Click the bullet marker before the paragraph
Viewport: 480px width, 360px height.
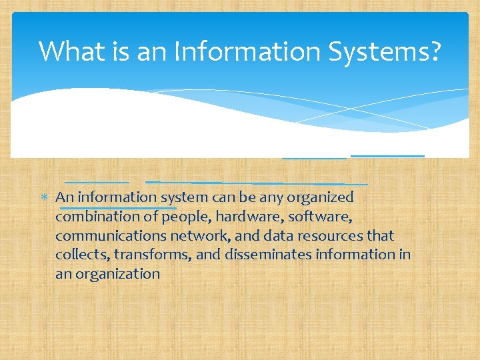[x=45, y=197]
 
